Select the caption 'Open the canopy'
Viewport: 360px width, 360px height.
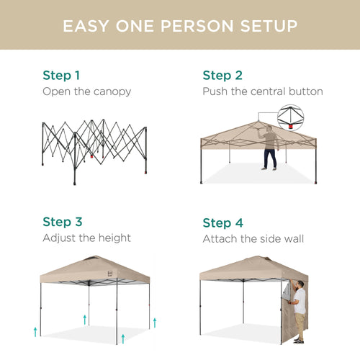(86, 91)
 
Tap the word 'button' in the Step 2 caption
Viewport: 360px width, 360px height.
(304, 91)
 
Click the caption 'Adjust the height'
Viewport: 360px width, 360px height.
(86, 238)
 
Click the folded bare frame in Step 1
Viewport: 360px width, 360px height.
(94, 148)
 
